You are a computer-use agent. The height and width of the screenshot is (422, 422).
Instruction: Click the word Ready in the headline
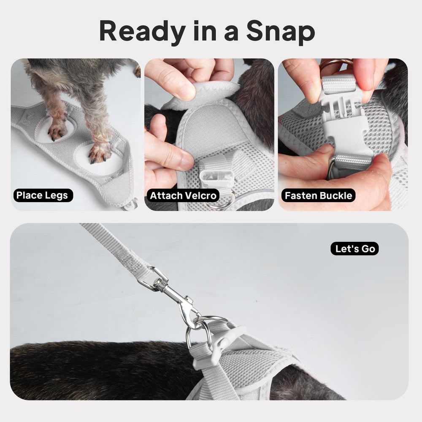(x=142, y=31)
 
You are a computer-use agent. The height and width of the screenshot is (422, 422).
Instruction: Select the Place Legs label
(x=43, y=195)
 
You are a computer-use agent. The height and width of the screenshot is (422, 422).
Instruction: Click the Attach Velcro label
(x=183, y=196)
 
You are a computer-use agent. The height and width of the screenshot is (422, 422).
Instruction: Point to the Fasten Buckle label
(x=318, y=196)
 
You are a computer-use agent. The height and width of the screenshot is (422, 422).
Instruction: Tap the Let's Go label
(x=355, y=249)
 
